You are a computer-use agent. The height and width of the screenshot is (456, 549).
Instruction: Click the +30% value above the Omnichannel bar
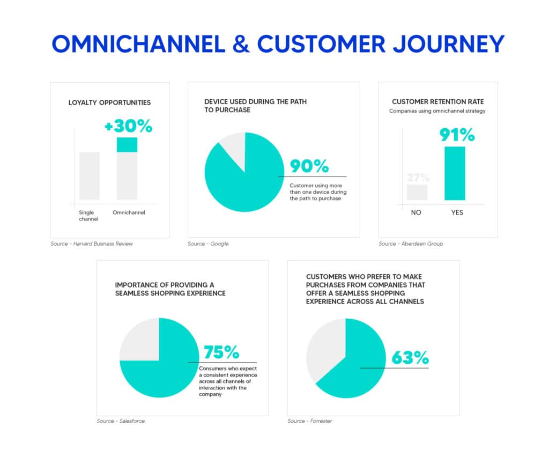pos(129,127)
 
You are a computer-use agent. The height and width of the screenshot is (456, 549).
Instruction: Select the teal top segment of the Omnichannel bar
pos(127,145)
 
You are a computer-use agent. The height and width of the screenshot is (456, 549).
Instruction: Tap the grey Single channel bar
pos(90,175)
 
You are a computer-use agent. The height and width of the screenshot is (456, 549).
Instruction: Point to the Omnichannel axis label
pos(129,212)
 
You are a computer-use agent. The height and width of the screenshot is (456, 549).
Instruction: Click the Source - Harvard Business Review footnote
pos(91,244)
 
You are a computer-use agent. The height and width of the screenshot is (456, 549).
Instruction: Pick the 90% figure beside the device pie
pos(309,166)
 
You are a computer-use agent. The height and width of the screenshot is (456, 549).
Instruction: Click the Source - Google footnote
pos(208,244)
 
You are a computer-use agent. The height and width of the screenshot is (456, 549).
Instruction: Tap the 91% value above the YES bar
pos(457,135)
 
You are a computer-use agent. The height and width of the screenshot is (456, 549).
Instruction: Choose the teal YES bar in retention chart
pos(455,173)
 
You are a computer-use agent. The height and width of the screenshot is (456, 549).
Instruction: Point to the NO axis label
pos(416,212)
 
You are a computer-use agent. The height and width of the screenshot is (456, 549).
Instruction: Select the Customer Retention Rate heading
pos(437,101)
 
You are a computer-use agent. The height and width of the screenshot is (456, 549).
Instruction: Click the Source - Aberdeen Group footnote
pos(411,244)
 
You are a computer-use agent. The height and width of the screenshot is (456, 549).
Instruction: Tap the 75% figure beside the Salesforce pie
pos(221,352)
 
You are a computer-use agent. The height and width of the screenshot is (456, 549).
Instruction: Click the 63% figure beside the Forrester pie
pos(410,357)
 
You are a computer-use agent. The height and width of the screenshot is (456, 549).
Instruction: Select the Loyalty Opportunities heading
pos(109,102)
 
